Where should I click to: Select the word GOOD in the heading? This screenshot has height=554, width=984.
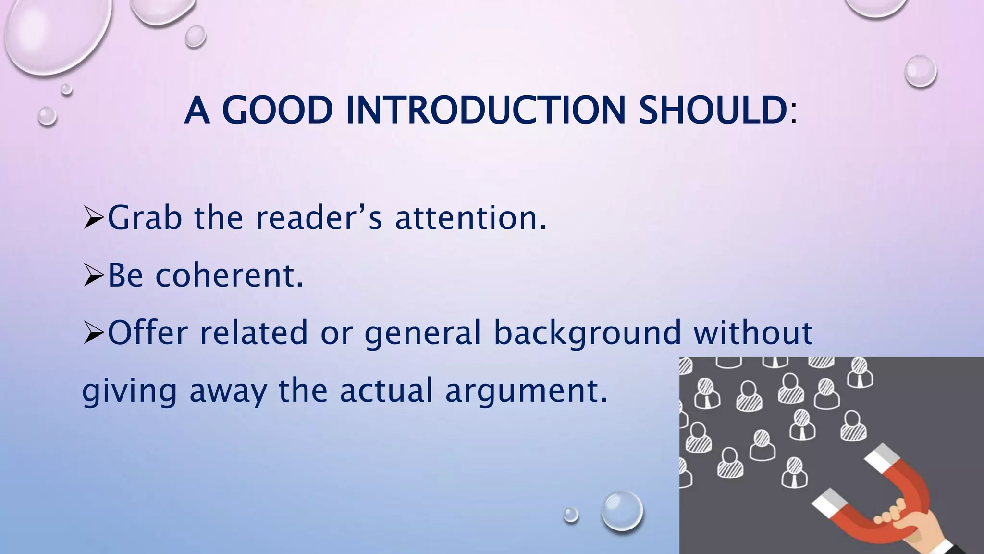(x=277, y=110)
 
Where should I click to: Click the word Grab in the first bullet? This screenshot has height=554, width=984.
(x=145, y=218)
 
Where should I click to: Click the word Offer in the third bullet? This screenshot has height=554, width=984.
(x=148, y=333)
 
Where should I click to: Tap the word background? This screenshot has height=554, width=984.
(x=587, y=333)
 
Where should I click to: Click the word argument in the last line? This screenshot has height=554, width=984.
(x=526, y=390)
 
